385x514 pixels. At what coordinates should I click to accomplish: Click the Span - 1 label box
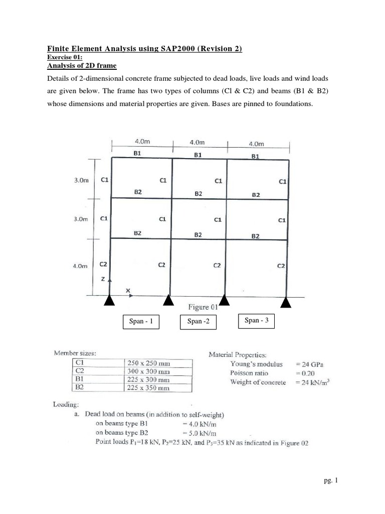point(141,321)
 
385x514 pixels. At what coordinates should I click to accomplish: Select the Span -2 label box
point(198,322)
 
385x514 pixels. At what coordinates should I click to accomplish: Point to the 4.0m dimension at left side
point(80,267)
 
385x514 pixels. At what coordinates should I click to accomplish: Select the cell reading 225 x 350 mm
point(148,388)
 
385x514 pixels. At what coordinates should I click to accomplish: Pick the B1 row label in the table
point(80,379)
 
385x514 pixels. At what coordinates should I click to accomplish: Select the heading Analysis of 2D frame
point(82,65)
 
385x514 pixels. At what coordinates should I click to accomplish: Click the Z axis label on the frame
point(103,279)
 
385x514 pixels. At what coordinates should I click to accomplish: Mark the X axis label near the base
point(128,291)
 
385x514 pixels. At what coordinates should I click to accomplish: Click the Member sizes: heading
point(75,353)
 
